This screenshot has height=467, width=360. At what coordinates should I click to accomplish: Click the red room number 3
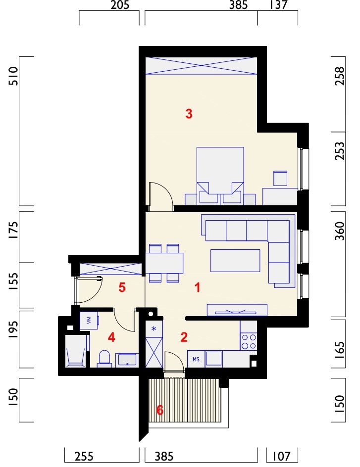189,114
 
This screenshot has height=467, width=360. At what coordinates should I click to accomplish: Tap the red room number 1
197,288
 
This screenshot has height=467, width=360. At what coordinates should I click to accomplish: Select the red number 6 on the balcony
160,410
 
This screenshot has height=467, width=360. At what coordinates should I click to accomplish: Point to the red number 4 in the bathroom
111,337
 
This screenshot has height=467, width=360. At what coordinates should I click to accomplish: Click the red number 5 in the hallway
122,287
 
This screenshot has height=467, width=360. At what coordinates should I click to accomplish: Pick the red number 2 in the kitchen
184,337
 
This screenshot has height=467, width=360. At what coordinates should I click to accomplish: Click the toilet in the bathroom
104,358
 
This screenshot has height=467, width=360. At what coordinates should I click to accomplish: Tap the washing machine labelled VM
89,321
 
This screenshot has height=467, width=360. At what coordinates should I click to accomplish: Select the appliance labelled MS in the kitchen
196,359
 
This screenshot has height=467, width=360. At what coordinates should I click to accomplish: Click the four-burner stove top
249,341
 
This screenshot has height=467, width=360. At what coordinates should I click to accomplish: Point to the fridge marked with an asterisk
154,329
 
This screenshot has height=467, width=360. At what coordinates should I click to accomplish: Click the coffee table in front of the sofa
235,261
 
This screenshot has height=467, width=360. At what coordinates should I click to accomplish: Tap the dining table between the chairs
164,263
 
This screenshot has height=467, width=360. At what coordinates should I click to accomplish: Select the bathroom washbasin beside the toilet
127,360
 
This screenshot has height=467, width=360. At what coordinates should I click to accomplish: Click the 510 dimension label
14,76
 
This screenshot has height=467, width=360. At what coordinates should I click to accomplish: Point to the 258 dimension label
339,76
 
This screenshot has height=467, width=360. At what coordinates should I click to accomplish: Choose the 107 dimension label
281,456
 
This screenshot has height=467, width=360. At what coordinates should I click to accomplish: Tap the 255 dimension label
84,456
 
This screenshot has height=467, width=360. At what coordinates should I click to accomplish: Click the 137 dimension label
278,5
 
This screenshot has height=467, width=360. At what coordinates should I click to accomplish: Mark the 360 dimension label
339,231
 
